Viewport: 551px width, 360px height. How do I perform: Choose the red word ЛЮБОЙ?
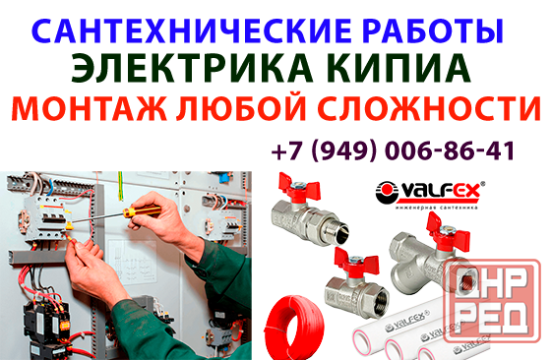click(x=240, y=107)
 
